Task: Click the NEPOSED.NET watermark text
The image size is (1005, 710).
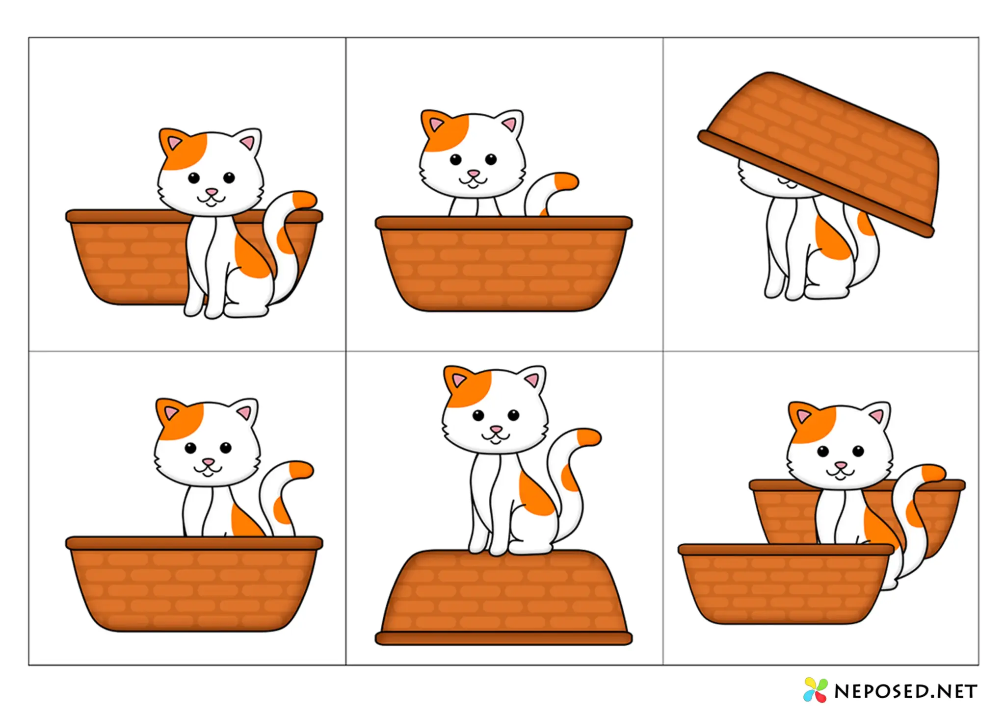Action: click(x=906, y=691)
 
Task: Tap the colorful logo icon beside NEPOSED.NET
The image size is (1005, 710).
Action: click(x=815, y=689)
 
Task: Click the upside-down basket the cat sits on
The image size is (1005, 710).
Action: click(x=504, y=598)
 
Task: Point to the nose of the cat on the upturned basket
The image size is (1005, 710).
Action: click(x=496, y=430)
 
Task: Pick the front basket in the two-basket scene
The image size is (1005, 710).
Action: click(x=786, y=584)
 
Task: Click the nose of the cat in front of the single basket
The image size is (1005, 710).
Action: click(x=212, y=192)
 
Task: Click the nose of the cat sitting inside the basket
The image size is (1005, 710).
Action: click(x=209, y=462)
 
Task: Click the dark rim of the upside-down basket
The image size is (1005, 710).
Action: click(x=504, y=638)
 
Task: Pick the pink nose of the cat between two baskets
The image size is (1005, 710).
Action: click(x=841, y=465)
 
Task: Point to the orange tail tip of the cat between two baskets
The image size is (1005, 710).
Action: click(x=934, y=474)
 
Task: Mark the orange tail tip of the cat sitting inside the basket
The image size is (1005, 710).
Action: click(x=301, y=470)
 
